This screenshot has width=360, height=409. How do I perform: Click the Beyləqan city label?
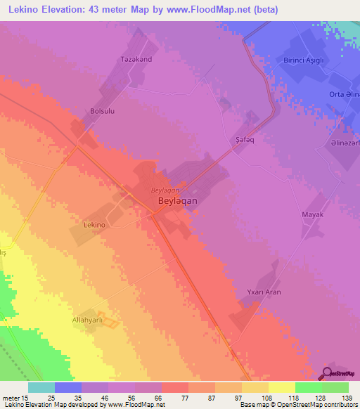point(172,200)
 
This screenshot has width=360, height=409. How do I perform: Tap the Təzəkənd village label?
point(136,59)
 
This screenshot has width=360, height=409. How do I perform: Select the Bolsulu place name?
point(103,111)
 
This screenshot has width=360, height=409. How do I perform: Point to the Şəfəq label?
point(243,140)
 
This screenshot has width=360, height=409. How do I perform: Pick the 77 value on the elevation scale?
point(174,398)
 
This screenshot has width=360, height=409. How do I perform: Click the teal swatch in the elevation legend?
point(41,387)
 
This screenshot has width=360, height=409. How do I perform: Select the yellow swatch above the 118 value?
point(281,387)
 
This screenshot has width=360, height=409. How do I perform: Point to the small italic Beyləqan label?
point(166,190)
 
